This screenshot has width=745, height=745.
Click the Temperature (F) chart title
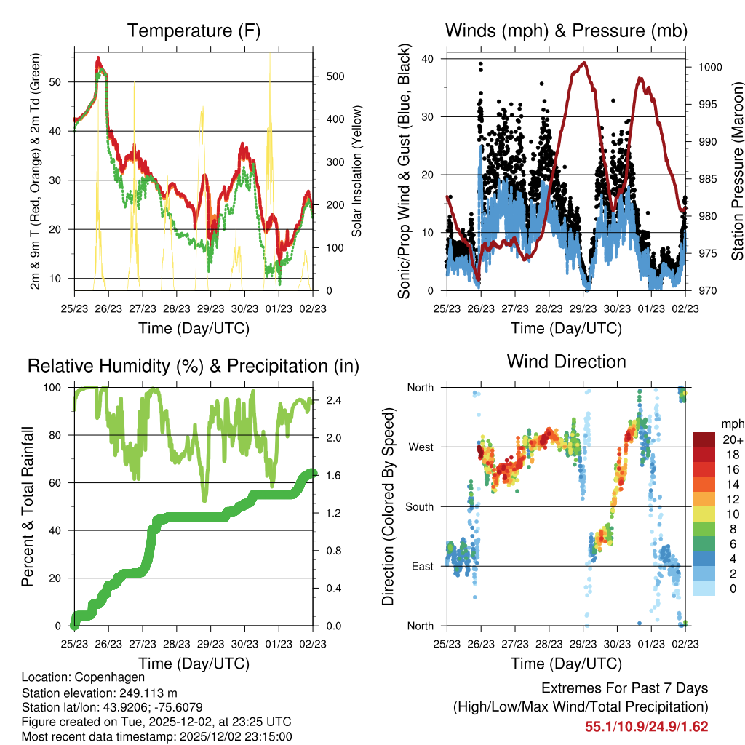click(194, 31)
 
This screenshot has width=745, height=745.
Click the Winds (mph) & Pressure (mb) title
click(566, 31)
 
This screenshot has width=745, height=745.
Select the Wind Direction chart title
click(566, 361)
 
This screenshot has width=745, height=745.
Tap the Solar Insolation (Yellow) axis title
click(357, 172)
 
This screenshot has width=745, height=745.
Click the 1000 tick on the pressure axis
click(709, 67)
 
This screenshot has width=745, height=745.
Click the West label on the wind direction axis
click(421, 447)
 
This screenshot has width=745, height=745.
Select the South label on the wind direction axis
click(419, 507)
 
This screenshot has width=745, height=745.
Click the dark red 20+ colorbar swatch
click(704, 439)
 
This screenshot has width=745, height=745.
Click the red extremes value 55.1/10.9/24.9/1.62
click(647, 726)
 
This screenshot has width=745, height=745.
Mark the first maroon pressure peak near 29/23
click(583, 63)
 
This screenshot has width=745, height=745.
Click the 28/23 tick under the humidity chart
click(177, 643)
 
